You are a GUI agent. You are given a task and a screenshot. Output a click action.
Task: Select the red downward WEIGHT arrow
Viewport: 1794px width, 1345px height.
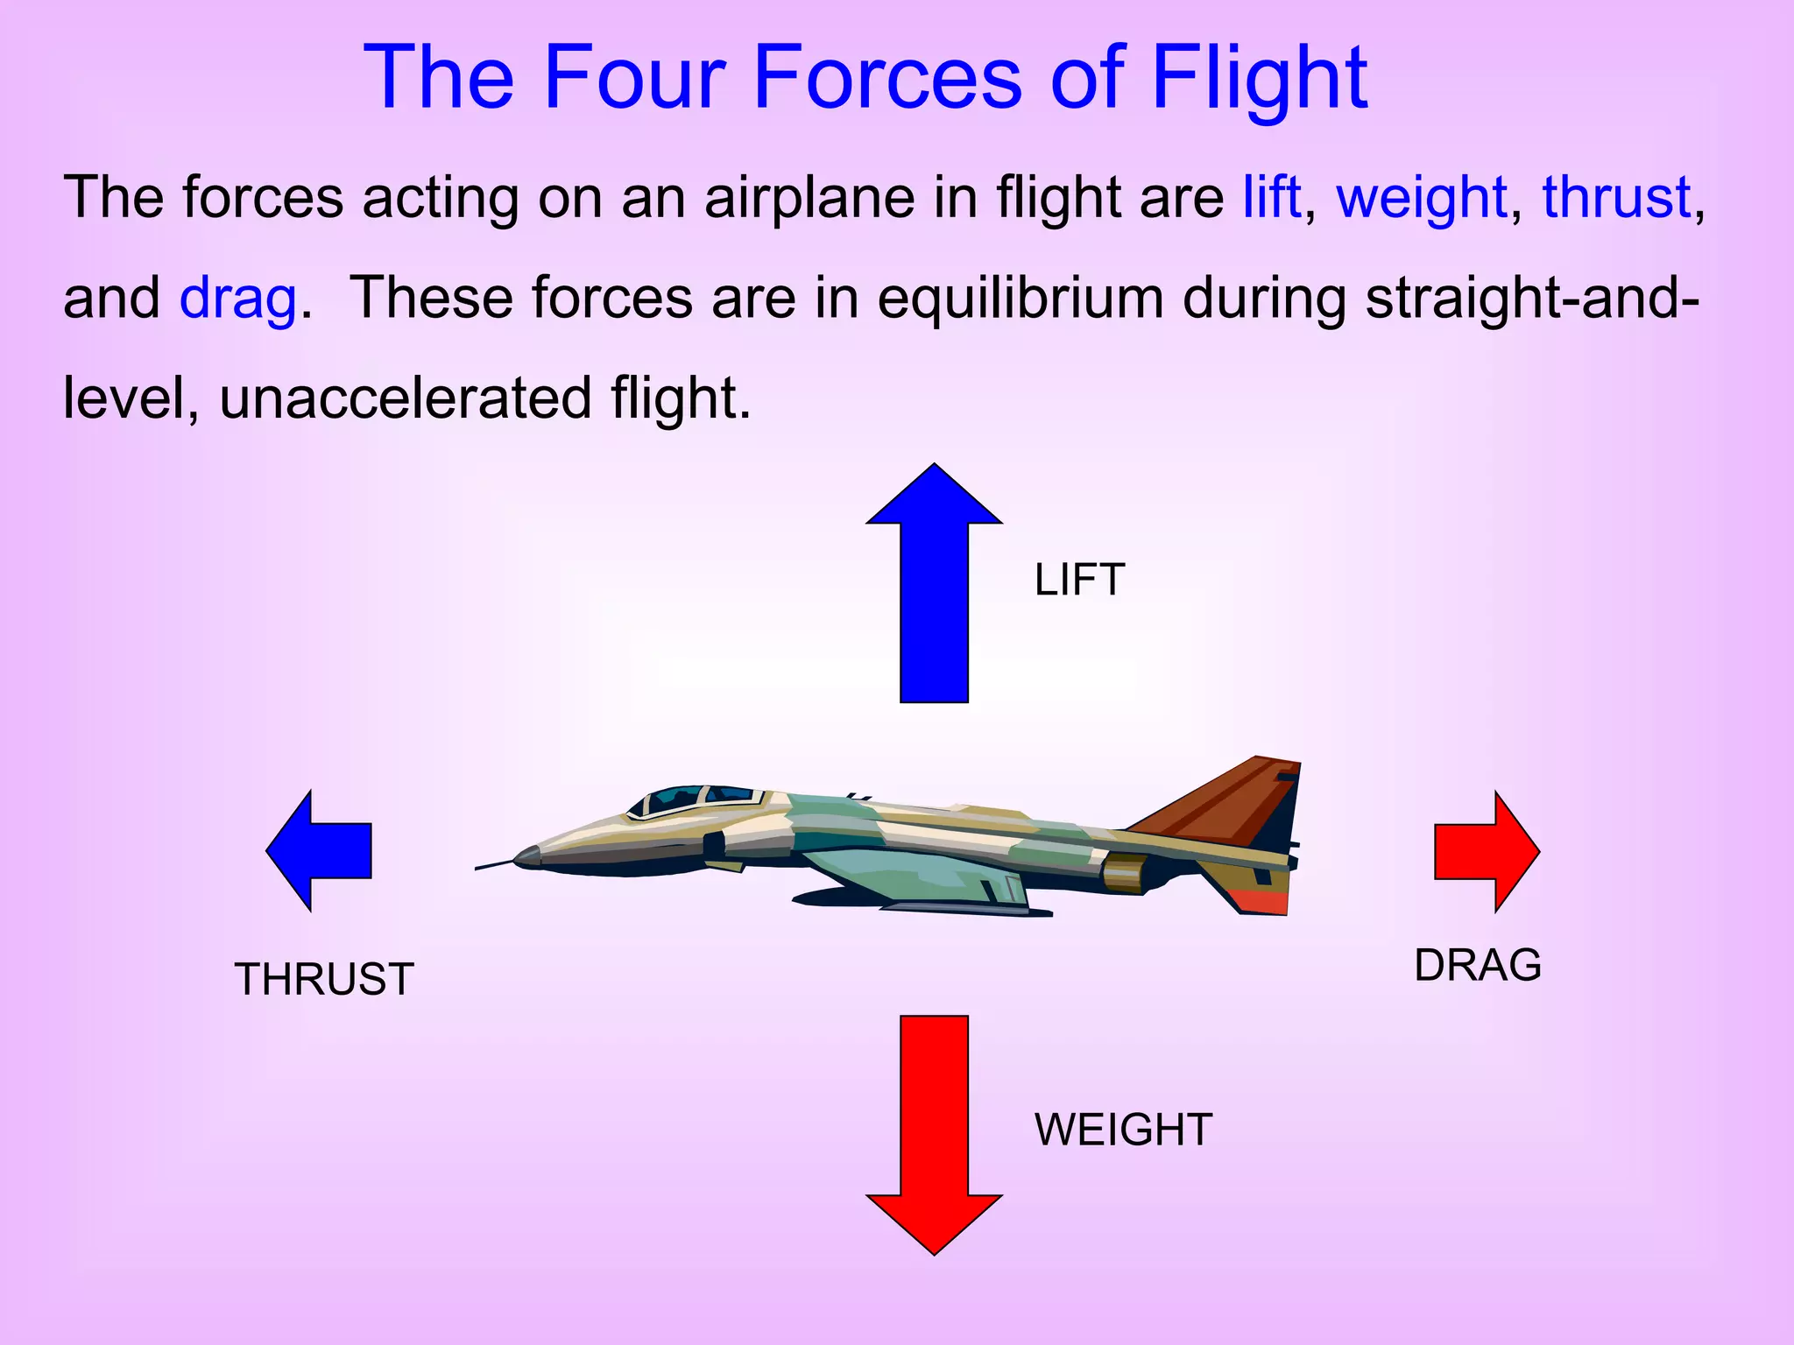tap(934, 1130)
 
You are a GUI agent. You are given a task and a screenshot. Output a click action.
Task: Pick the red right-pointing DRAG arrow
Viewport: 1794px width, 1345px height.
tap(1485, 851)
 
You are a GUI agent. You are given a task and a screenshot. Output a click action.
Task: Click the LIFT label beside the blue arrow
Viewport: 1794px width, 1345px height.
tap(1078, 581)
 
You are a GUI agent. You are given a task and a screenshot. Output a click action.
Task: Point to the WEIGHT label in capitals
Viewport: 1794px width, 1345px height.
tap(1123, 1130)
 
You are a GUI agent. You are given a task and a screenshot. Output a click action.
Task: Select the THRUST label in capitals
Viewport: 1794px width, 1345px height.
tap(324, 979)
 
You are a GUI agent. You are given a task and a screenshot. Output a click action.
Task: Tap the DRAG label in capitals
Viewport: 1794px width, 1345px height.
tap(1478, 965)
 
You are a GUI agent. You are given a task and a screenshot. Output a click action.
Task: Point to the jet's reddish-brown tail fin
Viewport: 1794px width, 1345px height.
tap(1226, 797)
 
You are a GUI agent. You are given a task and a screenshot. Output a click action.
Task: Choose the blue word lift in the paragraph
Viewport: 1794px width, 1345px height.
tap(1271, 197)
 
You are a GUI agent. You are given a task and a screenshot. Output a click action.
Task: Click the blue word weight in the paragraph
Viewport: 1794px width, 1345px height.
tap(1421, 199)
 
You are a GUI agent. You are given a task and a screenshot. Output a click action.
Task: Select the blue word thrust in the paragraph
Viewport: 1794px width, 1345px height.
tap(1615, 197)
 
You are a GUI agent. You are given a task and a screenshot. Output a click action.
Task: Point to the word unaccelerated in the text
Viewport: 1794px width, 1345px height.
tap(406, 398)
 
